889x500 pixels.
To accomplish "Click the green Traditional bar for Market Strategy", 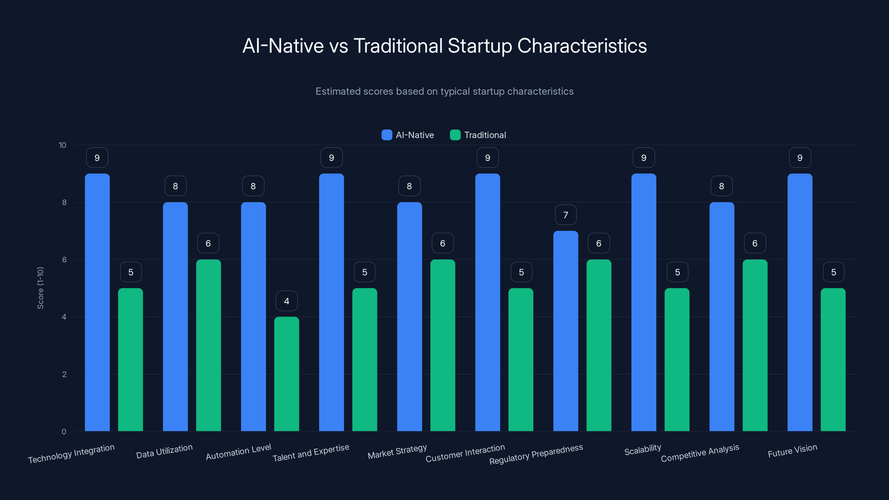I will [x=443, y=345].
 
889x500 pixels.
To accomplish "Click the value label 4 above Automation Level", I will [x=286, y=301].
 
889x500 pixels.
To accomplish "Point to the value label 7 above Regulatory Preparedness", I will [x=566, y=215].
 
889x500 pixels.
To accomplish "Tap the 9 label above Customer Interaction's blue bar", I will [x=488, y=158].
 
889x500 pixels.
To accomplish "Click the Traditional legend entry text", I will [x=485, y=135].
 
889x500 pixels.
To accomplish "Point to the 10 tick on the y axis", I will [x=63, y=145].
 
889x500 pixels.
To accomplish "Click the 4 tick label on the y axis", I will [x=64, y=317].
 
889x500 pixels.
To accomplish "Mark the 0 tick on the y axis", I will [x=64, y=431].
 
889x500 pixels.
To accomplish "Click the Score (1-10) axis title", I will [x=40, y=288].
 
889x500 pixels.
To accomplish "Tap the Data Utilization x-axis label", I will [x=164, y=451].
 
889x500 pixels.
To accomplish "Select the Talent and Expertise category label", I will [x=311, y=453].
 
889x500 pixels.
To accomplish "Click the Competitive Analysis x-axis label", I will [x=700, y=453].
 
